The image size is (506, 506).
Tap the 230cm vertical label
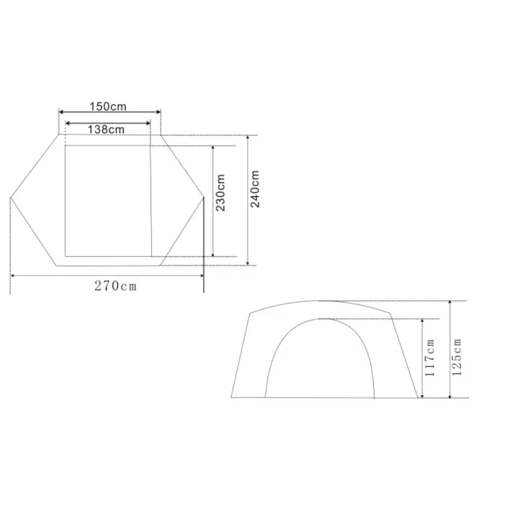(x=221, y=192)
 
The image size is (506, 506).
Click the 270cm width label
(x=116, y=286)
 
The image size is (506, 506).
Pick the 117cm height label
(x=430, y=357)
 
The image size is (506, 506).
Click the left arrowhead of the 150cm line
(x=62, y=111)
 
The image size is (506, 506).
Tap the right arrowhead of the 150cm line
(x=158, y=111)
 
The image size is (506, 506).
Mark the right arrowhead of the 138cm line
(x=148, y=123)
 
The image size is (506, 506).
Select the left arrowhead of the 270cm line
(x=13, y=275)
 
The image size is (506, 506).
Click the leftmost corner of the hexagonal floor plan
(x=10, y=196)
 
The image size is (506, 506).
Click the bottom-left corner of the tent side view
(x=232, y=397)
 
